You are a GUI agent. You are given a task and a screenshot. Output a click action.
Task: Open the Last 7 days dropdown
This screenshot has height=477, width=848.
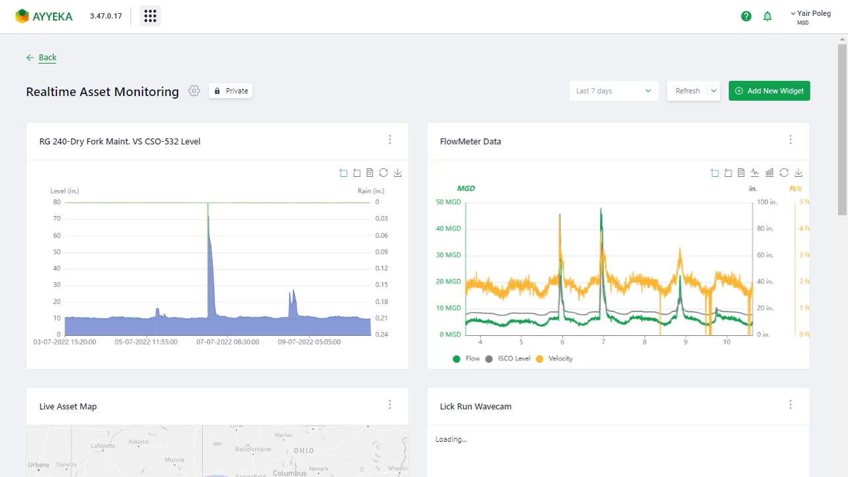[x=613, y=91]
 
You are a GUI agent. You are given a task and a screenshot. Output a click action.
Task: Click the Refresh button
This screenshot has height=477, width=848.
[x=687, y=91]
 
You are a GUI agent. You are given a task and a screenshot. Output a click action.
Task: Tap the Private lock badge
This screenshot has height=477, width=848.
[x=231, y=91]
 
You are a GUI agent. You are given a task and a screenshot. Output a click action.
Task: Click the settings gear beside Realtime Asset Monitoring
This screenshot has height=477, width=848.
[x=193, y=91]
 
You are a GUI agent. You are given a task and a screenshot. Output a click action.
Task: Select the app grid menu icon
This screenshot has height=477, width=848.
[x=150, y=16]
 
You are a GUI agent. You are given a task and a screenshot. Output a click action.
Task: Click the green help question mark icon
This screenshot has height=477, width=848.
[x=746, y=16]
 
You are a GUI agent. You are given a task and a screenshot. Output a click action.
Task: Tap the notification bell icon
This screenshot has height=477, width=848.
[x=767, y=16]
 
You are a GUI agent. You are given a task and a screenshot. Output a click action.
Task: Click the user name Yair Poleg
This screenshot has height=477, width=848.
[x=813, y=13]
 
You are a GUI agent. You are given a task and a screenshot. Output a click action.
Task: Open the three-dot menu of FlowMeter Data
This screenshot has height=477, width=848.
[x=790, y=140]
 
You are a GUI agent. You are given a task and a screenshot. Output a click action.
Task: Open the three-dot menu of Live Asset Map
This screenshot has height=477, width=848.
[x=390, y=405]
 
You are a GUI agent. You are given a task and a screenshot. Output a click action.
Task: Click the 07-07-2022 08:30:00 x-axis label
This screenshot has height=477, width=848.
[x=228, y=343]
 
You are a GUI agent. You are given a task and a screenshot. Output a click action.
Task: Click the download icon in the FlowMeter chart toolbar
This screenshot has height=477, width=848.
[x=798, y=173]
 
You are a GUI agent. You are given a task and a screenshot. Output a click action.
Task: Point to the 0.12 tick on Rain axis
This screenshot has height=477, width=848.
[x=381, y=268]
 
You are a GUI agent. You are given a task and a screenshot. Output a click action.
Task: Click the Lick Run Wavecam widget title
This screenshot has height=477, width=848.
[x=475, y=406]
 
